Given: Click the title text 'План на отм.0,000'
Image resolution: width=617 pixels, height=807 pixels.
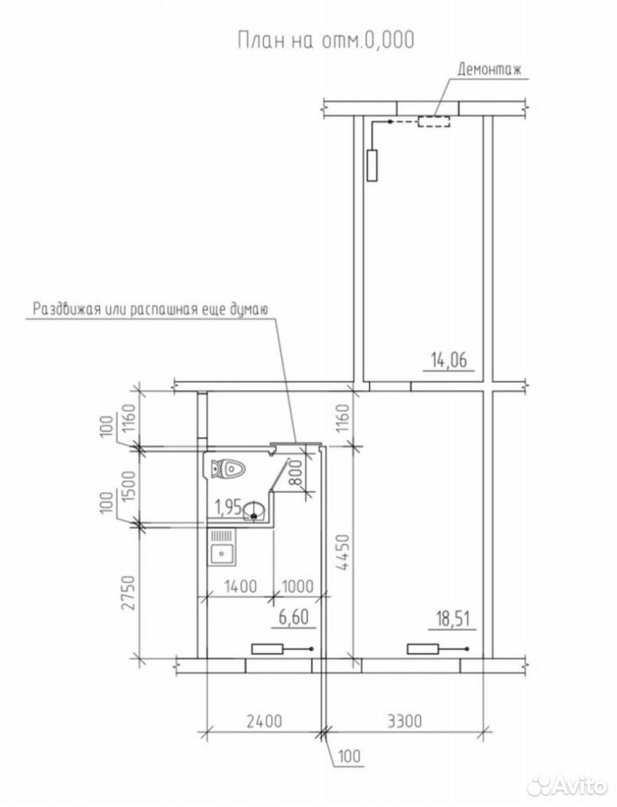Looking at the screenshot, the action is (x=326, y=40).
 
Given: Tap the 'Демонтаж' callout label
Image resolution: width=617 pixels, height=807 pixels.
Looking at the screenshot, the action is (x=489, y=69).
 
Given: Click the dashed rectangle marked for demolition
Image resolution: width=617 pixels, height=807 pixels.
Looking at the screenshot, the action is (x=433, y=122).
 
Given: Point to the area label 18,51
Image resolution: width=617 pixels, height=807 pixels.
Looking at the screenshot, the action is (x=452, y=618).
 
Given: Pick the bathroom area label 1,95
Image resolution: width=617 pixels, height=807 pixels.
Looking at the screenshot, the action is (x=228, y=507).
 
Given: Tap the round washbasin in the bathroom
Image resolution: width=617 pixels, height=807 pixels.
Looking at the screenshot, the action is (x=256, y=510).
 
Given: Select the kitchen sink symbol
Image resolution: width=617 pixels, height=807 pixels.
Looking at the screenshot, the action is (x=222, y=548).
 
